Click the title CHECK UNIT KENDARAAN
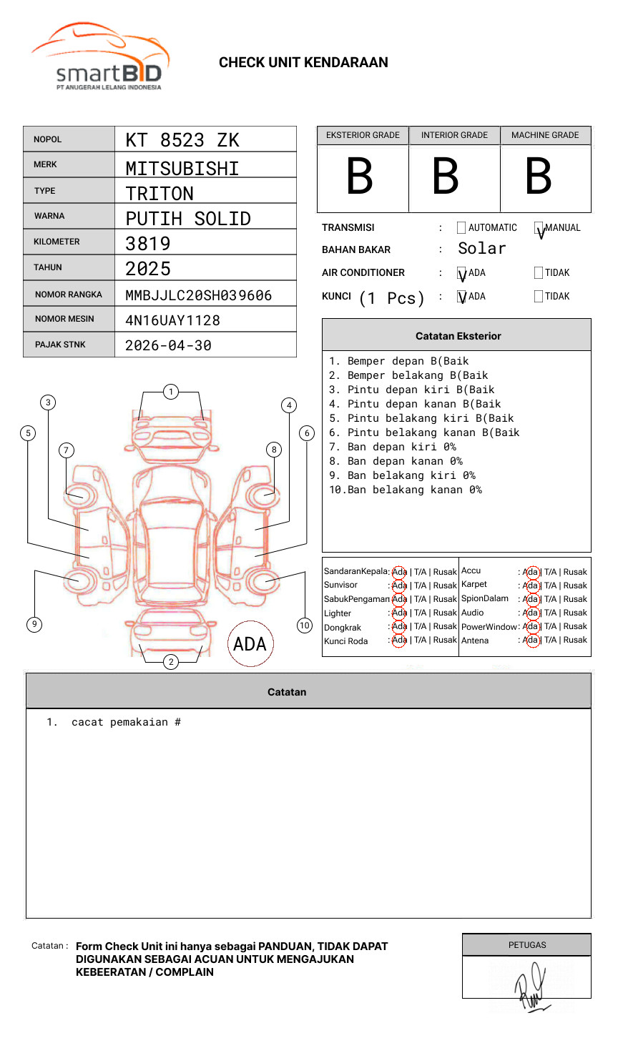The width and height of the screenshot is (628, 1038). (x=303, y=63)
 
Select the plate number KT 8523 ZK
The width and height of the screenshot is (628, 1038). (x=182, y=140)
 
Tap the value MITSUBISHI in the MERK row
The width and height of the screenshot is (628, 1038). (x=182, y=169)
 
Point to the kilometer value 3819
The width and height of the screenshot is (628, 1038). (x=148, y=244)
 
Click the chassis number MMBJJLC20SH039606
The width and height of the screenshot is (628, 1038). (x=198, y=295)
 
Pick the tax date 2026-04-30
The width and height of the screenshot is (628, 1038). (x=168, y=345)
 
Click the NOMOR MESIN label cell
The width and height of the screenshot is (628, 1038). (x=69, y=319)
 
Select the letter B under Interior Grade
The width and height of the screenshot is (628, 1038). (x=445, y=177)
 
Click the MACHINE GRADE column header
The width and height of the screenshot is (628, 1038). (x=545, y=135)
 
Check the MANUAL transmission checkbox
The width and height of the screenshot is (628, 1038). (x=539, y=228)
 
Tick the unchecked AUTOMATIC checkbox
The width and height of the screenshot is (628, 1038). (x=461, y=228)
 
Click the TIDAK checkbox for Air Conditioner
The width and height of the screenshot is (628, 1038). (x=539, y=273)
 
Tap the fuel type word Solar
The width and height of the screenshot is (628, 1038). (x=481, y=249)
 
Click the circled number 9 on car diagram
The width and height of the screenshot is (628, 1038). (x=34, y=624)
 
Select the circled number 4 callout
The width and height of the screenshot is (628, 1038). (x=289, y=405)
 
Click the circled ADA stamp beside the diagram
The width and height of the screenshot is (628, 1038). (x=250, y=643)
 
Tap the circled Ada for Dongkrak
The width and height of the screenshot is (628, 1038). (x=399, y=627)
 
